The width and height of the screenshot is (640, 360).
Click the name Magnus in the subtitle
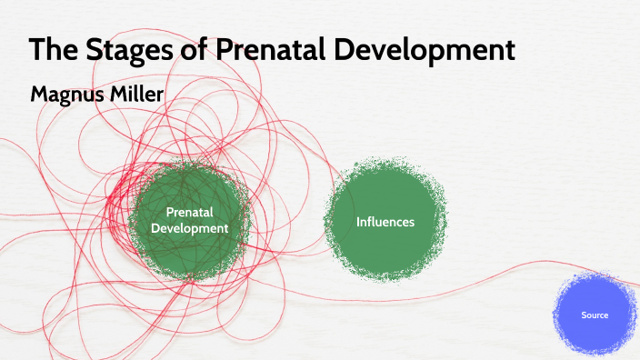(x=65, y=94)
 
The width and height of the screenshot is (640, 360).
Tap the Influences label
(x=385, y=222)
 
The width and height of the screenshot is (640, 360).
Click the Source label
(x=595, y=315)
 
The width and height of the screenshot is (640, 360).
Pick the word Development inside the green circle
(x=189, y=228)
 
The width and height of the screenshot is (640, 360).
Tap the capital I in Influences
(x=358, y=222)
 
